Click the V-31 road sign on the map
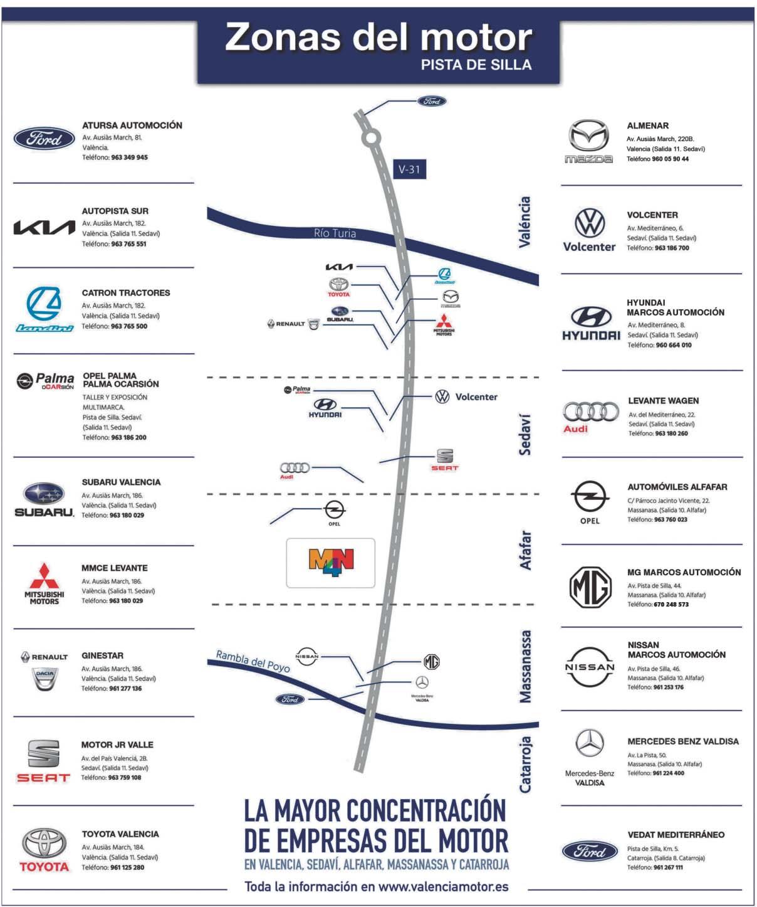click(409, 169)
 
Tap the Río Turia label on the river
click(335, 233)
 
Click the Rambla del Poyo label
click(253, 661)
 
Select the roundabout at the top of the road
click(371, 137)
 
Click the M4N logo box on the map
click(331, 563)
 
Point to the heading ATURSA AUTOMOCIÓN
click(132, 125)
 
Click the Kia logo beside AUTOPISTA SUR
click(44, 227)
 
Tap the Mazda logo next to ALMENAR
click(588, 141)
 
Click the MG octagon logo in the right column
click(590, 587)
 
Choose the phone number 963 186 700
click(672, 248)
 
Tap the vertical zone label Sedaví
click(525, 434)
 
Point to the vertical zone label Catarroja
click(526, 764)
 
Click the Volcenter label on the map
click(476, 397)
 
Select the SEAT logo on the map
click(444, 460)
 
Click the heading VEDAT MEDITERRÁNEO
click(676, 835)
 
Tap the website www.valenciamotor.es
click(443, 886)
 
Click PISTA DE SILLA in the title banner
click(476, 65)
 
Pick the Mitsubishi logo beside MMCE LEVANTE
click(44, 583)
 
